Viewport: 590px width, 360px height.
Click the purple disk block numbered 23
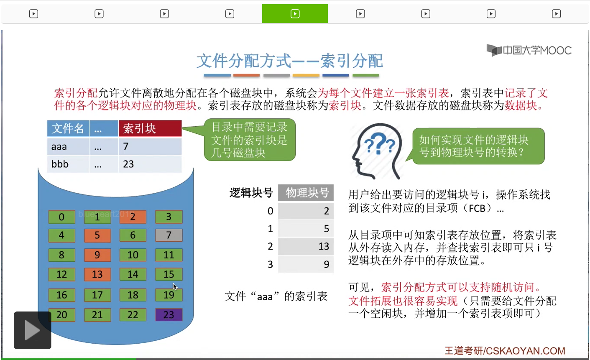tap(169, 315)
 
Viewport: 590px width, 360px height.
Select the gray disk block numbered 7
tap(169, 235)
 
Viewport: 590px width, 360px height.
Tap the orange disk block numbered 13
tap(97, 274)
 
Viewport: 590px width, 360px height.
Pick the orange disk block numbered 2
tap(133, 217)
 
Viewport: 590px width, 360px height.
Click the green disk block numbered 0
tap(61, 217)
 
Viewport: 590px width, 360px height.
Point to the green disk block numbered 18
tap(133, 295)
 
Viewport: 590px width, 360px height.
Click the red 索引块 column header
tap(150, 128)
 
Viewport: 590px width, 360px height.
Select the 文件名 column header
tap(68, 128)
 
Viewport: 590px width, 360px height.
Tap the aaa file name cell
tap(68, 146)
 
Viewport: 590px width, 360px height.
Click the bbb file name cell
tap(68, 164)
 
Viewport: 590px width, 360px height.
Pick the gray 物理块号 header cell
tap(306, 193)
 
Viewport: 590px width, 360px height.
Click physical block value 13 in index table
tap(324, 246)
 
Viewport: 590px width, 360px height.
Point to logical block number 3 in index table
tap(270, 264)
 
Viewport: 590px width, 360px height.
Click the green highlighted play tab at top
tap(295, 14)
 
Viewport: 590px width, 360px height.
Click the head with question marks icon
tap(377, 151)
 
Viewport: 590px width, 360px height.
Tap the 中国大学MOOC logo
tap(529, 50)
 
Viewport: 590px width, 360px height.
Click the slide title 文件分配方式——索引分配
tap(290, 61)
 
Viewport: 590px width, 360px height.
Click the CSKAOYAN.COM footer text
tap(526, 351)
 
